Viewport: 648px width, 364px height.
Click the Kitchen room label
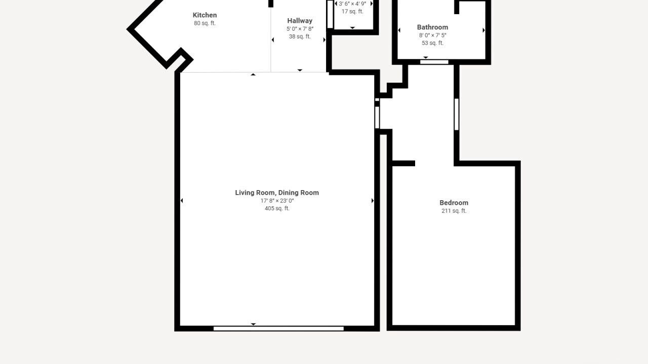coord(205,15)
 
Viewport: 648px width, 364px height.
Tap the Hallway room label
coord(300,21)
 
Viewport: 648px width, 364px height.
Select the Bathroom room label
coord(432,27)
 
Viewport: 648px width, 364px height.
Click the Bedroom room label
coord(454,203)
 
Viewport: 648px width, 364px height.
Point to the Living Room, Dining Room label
coord(277,193)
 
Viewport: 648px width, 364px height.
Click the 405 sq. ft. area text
coord(277,208)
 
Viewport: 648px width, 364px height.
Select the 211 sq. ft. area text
coord(454,211)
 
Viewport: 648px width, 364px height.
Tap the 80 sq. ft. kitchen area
coord(205,23)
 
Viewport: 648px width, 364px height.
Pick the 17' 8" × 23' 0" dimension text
coord(277,201)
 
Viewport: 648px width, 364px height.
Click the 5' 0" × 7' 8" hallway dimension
coord(300,29)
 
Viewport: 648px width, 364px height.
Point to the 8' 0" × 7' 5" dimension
coord(432,35)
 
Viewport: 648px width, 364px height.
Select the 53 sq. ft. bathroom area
coord(432,43)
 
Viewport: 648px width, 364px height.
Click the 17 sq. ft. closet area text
coord(352,12)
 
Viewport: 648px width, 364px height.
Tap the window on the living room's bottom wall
coord(278,329)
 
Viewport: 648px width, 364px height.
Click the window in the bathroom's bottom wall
coord(434,62)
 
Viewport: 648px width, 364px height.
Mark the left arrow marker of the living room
coord(182,201)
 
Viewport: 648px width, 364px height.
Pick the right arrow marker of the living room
coord(373,201)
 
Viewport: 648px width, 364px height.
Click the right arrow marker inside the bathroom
coord(483,30)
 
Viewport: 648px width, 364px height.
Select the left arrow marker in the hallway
coord(272,40)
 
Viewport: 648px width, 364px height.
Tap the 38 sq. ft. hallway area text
coord(300,37)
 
